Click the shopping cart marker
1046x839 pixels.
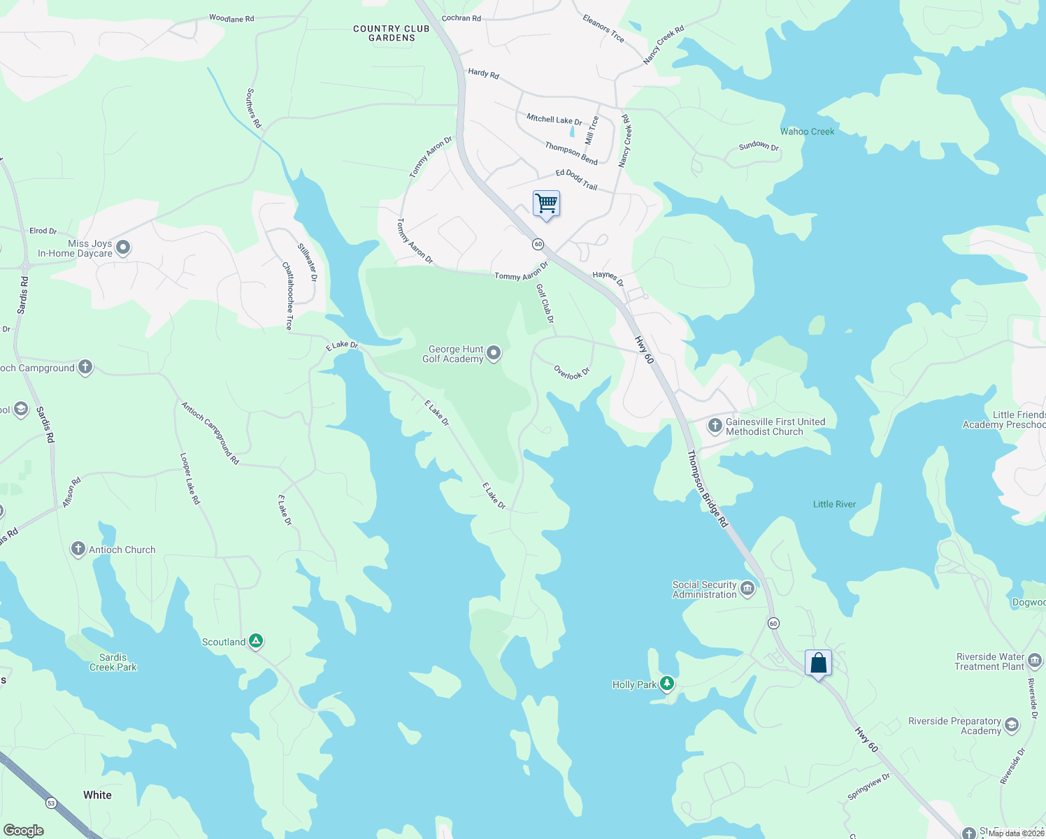tap(546, 203)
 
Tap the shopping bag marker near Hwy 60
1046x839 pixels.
tap(818, 663)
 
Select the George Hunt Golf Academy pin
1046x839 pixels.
tap(494, 353)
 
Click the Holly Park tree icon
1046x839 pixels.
tap(667, 683)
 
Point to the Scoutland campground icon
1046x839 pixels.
tap(256, 640)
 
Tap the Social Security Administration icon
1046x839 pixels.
tap(747, 589)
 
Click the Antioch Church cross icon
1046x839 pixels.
tap(78, 549)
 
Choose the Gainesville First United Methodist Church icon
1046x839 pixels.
tap(715, 425)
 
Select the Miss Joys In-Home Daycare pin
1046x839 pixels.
tap(123, 248)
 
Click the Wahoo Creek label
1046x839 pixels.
tap(807, 131)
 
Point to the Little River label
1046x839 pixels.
tap(834, 504)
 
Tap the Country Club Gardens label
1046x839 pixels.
tap(392, 33)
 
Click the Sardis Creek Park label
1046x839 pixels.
tap(113, 662)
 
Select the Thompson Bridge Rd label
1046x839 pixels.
tap(707, 489)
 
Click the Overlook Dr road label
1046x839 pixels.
tap(572, 373)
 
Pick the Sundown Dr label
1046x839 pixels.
tap(759, 145)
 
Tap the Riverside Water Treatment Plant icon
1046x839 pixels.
tap(1035, 660)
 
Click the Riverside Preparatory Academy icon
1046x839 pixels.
tap(1011, 725)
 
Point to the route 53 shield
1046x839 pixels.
tap(51, 803)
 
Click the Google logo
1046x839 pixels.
tap(23, 830)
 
